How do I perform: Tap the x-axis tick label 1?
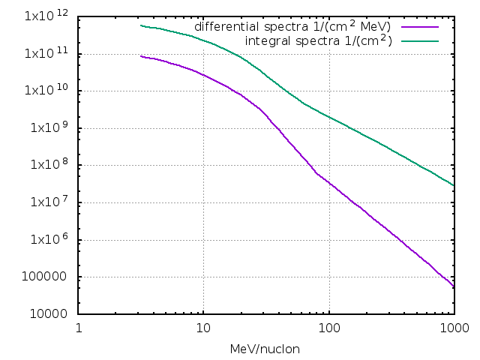(x=79, y=328)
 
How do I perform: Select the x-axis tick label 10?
(x=203, y=328)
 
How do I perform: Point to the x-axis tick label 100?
(x=328, y=328)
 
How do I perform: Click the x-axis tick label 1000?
(x=453, y=328)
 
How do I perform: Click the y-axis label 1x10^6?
(x=50, y=241)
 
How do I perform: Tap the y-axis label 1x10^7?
(x=50, y=203)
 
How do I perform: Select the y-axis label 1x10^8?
(x=50, y=166)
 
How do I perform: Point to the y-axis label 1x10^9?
(x=50, y=128)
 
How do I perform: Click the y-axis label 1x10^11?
(x=49, y=54)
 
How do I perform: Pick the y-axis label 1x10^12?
(x=49, y=16)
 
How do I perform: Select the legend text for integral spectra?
(x=319, y=40)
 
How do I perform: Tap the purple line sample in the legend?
(x=419, y=27)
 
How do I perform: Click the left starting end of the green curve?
(x=141, y=25)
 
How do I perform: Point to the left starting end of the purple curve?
(x=141, y=56)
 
